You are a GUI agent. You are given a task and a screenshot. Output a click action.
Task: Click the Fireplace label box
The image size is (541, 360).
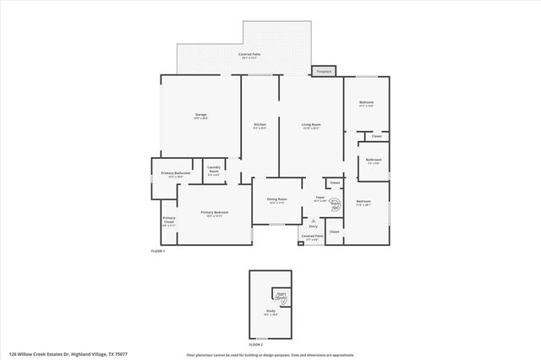tap(323, 72)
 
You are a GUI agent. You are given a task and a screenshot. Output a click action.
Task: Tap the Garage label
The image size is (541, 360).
tap(200, 116)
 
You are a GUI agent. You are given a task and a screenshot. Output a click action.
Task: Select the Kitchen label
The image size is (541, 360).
tap(260, 126)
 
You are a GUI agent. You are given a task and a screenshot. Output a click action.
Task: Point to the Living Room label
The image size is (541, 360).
tap(311, 126)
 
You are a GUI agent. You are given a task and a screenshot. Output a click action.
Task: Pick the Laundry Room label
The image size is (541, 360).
tap(214, 169)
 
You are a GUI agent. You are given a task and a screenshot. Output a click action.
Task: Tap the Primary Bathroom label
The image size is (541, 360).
tap(176, 173)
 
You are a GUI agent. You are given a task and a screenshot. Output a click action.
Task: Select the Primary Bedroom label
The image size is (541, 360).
tap(214, 213)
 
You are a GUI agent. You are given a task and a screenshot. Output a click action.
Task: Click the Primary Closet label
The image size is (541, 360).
tap(168, 223)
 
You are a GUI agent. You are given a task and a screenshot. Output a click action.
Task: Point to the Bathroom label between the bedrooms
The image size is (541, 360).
tap(374, 161)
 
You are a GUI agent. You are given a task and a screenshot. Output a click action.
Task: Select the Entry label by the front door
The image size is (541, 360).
tap(313, 226)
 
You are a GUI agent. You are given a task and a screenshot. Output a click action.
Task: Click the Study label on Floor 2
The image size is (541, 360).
tap(270, 312)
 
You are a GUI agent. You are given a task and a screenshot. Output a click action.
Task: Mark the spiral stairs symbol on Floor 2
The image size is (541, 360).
tap(281, 297)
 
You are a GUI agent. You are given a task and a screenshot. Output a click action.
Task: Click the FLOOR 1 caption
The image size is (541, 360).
tap(157, 252)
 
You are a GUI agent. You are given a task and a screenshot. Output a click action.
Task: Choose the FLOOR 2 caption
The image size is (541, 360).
tap(256, 345)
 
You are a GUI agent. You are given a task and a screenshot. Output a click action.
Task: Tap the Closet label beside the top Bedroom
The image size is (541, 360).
tap(376, 136)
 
